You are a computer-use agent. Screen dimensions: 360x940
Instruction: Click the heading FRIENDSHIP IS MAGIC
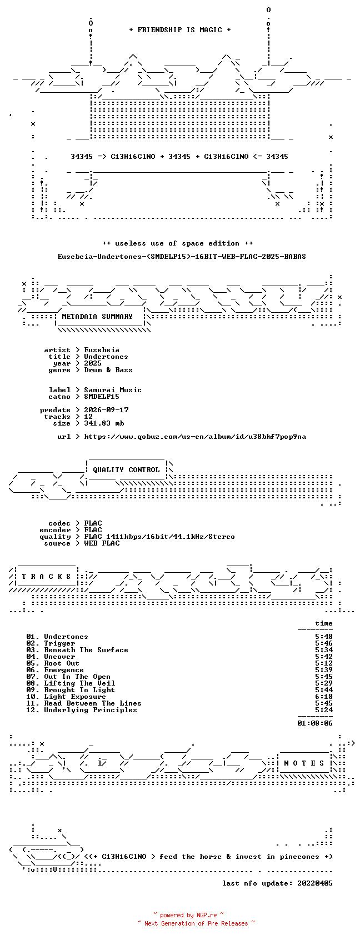pos(179,30)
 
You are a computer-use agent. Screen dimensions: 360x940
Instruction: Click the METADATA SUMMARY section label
pos(97,317)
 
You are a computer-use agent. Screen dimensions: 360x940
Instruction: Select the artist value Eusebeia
pos(102,350)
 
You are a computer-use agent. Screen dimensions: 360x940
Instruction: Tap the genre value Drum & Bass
pos(108,370)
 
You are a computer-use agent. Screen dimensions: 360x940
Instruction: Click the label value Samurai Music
pos(112,390)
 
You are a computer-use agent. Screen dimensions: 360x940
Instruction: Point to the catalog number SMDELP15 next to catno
pos(102,397)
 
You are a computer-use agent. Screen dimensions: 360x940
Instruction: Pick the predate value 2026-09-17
pos(106,410)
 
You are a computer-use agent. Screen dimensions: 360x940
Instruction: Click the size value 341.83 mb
pos(104,423)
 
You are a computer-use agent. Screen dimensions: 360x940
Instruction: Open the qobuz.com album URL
pos(194,437)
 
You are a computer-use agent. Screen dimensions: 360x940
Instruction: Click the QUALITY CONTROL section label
pos(126,470)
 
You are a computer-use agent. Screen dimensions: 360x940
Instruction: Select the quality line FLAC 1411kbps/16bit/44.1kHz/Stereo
pos(159,537)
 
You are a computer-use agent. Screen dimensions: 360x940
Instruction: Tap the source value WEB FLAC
pos(102,543)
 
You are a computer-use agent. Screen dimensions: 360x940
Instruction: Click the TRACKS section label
pos(46,577)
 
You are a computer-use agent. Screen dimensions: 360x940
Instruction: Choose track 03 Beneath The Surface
pos(77,650)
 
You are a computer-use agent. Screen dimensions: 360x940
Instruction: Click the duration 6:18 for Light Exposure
pos(324,697)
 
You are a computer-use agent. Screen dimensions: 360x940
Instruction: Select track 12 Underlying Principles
pos(82,710)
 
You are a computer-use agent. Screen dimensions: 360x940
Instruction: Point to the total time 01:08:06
pos(314,723)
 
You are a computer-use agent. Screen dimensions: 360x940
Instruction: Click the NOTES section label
pos(304,763)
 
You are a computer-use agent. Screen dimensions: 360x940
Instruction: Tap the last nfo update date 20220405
pos(314,883)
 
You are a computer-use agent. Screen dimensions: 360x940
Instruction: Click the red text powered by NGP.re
pos(188,915)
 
